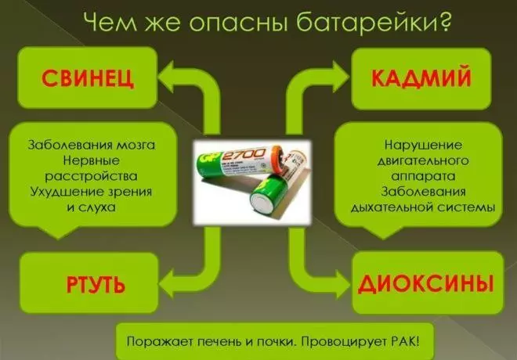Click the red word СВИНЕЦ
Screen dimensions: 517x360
[88, 78]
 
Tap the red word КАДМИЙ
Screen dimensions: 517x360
[421, 77]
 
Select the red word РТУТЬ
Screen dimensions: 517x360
[96, 285]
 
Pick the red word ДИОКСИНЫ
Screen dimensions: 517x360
[426, 283]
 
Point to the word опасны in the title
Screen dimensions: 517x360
[238, 23]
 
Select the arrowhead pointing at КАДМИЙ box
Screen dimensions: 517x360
[340, 77]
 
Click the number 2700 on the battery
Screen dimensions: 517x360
[244, 154]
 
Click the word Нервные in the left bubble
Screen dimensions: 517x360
[92, 160]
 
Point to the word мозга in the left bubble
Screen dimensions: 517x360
[137, 145]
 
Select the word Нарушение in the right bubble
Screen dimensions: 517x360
[423, 145]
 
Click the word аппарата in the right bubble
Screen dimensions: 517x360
[423, 177]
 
